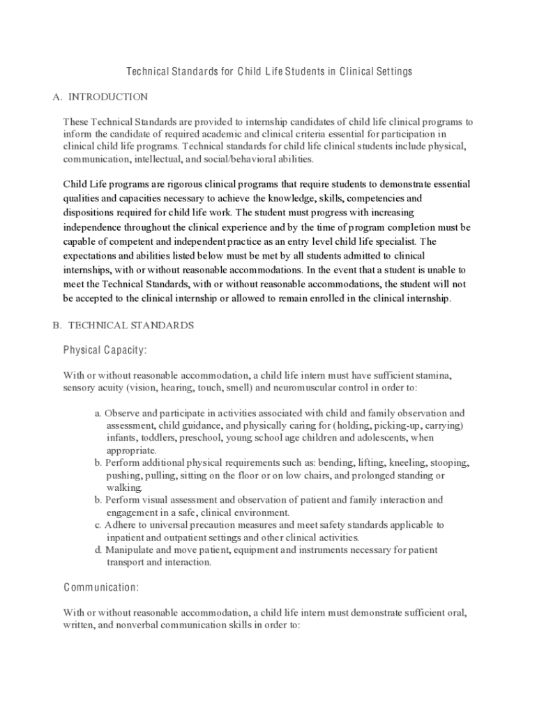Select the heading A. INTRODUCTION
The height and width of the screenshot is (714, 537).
click(100, 97)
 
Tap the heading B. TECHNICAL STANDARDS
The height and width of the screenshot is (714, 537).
click(123, 326)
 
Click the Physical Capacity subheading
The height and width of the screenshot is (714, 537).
click(105, 349)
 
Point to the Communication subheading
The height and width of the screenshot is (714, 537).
click(101, 587)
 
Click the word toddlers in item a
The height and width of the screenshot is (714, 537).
click(158, 438)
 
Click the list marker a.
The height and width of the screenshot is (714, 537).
click(98, 413)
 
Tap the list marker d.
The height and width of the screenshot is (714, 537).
click(98, 550)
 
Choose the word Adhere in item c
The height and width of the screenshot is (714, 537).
click(120, 525)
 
